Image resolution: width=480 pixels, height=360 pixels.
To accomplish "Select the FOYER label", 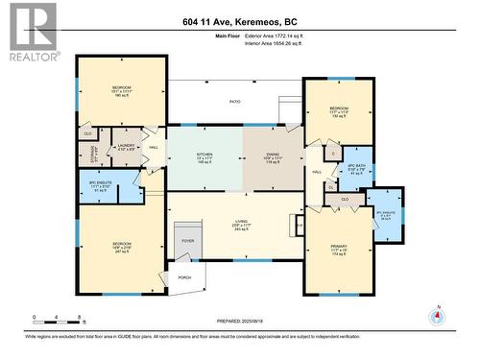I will [188, 242].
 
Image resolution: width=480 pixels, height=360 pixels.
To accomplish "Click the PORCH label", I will [183, 277].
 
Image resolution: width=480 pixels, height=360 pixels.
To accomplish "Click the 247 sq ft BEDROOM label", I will [114, 247].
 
